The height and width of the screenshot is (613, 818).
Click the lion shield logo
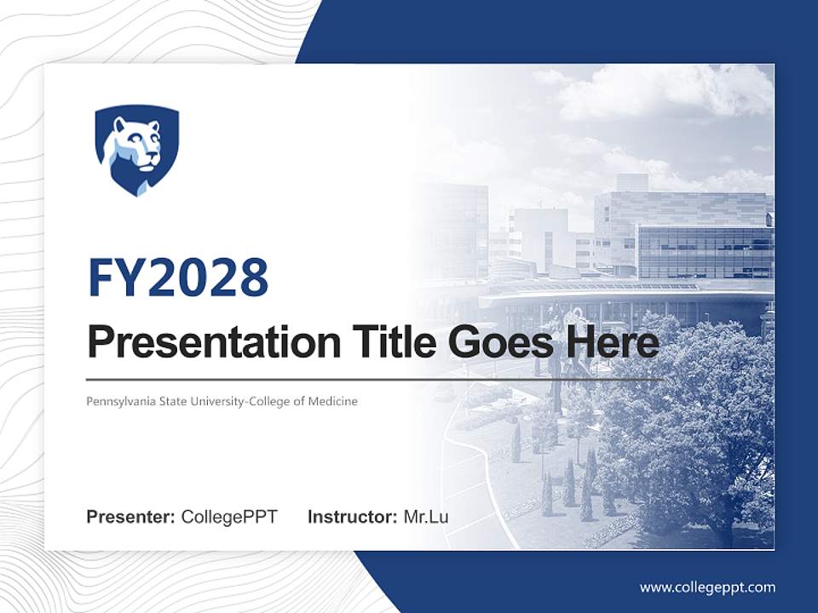click(136, 150)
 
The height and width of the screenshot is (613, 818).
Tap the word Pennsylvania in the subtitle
click(119, 401)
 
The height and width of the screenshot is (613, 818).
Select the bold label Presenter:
click(130, 517)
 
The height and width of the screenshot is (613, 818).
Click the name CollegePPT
click(229, 517)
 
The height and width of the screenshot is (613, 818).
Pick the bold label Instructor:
click(352, 517)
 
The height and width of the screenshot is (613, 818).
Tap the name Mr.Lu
click(426, 517)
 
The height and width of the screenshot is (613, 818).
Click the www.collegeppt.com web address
click(707, 587)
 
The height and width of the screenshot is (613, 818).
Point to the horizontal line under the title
click(375, 378)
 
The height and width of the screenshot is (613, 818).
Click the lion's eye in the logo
click(145, 139)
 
